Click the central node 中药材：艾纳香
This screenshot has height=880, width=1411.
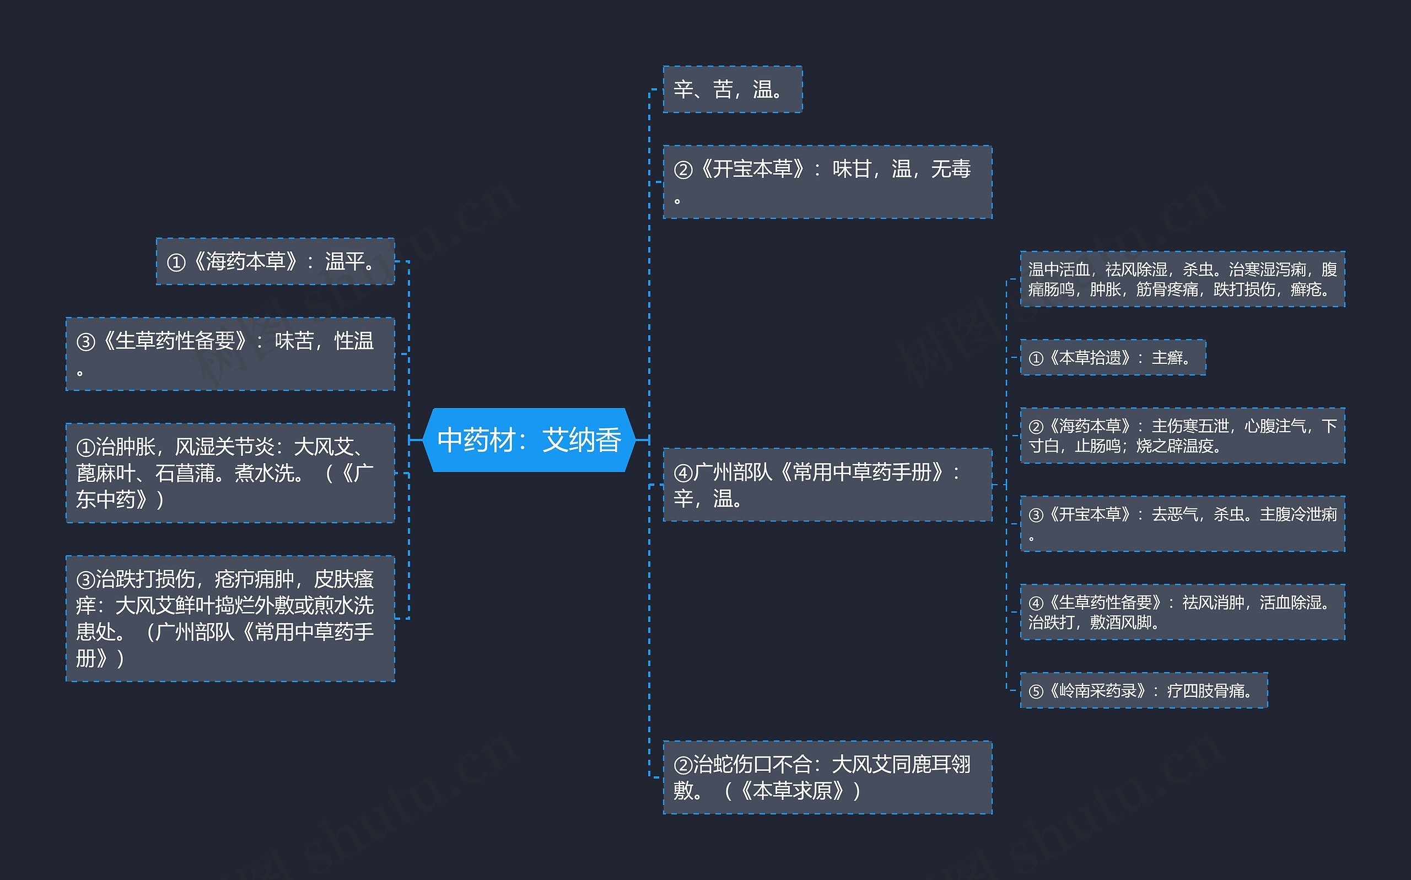[x=529, y=440]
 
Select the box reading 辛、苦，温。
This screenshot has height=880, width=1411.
[x=733, y=90]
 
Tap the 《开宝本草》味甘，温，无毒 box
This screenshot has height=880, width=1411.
[x=827, y=182]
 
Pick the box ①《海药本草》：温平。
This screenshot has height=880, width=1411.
[x=275, y=261]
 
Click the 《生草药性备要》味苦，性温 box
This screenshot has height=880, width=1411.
[x=230, y=354]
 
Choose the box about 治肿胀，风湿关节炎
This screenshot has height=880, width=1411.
[x=230, y=473]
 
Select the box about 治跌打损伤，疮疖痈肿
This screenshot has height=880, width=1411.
[x=230, y=618]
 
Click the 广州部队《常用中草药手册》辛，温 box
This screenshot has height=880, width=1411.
[x=827, y=485]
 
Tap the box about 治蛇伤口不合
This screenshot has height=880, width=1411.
[x=827, y=777]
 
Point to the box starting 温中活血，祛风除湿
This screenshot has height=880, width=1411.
[x=1182, y=280]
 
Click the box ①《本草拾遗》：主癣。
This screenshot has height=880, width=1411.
[x=1113, y=357]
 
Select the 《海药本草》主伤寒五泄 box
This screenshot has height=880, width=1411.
[x=1182, y=436]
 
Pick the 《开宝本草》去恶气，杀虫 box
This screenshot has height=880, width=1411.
[x=1182, y=524]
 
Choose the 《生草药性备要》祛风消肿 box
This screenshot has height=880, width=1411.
[x=1182, y=611]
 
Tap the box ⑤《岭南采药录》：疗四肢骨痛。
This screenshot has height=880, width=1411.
[x=1144, y=691]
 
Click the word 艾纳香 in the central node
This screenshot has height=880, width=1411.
[x=581, y=440]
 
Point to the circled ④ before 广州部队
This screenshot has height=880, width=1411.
[x=683, y=473]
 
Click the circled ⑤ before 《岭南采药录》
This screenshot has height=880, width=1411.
[x=1036, y=691]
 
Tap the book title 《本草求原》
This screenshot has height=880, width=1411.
[x=791, y=791]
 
